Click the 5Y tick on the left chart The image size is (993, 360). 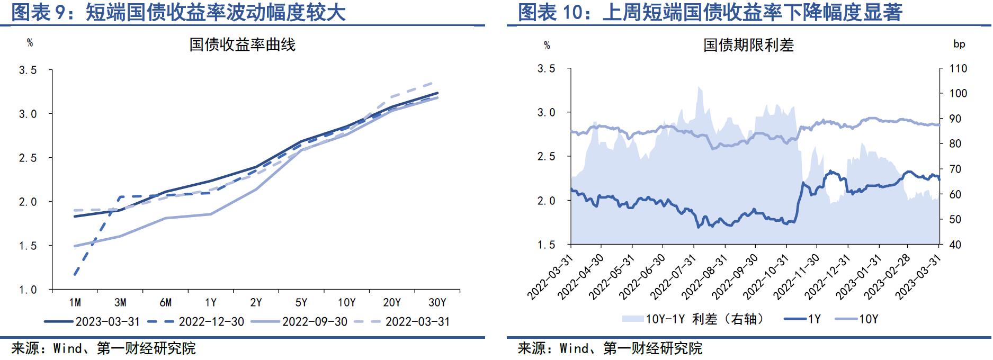click(x=301, y=302)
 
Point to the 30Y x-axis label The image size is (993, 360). click(x=437, y=302)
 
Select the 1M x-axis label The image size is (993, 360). click(x=75, y=302)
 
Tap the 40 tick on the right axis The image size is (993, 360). click(x=955, y=245)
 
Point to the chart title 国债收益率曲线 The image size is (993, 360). click(x=242, y=45)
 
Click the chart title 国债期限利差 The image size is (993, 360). click(x=748, y=46)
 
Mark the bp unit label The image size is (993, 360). click(x=959, y=44)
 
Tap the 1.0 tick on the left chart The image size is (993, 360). click(x=28, y=290)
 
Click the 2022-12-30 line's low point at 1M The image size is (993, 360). click(x=75, y=275)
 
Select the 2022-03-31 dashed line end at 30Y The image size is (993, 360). click(x=437, y=82)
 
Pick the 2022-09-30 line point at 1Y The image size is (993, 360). click(x=211, y=214)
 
